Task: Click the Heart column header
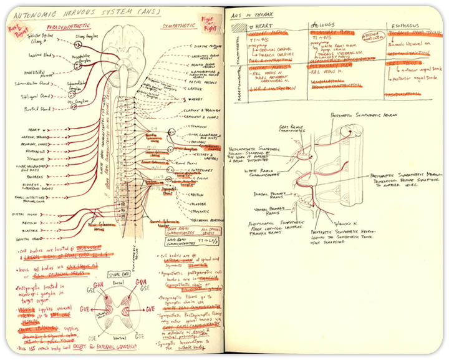click(261, 27)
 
